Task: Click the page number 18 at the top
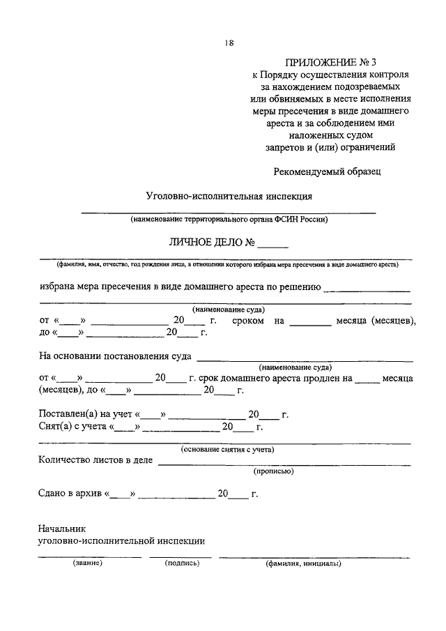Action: (229, 43)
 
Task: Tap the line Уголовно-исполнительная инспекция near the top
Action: (229, 197)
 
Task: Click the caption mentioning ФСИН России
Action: (229, 220)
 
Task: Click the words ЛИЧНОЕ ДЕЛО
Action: (204, 243)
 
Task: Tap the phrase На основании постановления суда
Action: (116, 356)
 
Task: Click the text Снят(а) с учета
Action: (72, 427)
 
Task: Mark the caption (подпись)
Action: (182, 563)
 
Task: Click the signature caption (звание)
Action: (88, 563)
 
